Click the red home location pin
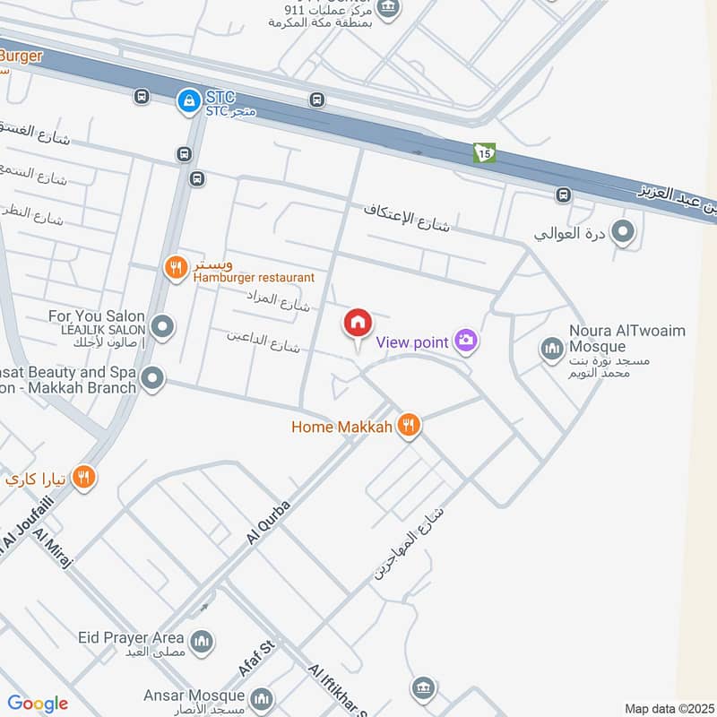point(358,324)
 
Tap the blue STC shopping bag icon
point(188,100)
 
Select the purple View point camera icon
point(466,340)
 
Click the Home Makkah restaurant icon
point(409,426)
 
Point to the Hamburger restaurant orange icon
point(175,265)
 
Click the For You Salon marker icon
point(162,327)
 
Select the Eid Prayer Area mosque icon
point(203,641)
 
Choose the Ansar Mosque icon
point(262,697)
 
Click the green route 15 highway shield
point(484,153)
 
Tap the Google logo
point(38,704)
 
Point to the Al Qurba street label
point(268,520)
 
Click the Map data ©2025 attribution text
point(669,709)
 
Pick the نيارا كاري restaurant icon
point(84,477)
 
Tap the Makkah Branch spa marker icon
point(152,378)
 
